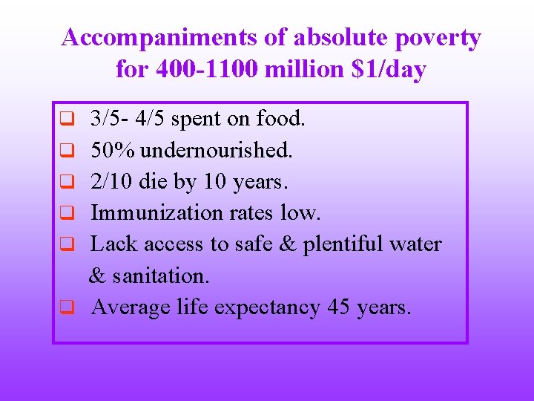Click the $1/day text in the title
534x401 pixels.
coord(390,70)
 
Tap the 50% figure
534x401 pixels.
coord(113,150)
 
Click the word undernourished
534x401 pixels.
coord(217,150)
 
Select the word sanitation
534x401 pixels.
coord(159,276)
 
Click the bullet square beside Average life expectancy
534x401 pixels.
coord(66,307)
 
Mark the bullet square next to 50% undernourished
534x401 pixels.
coord(66,149)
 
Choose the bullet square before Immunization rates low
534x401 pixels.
coord(66,212)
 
